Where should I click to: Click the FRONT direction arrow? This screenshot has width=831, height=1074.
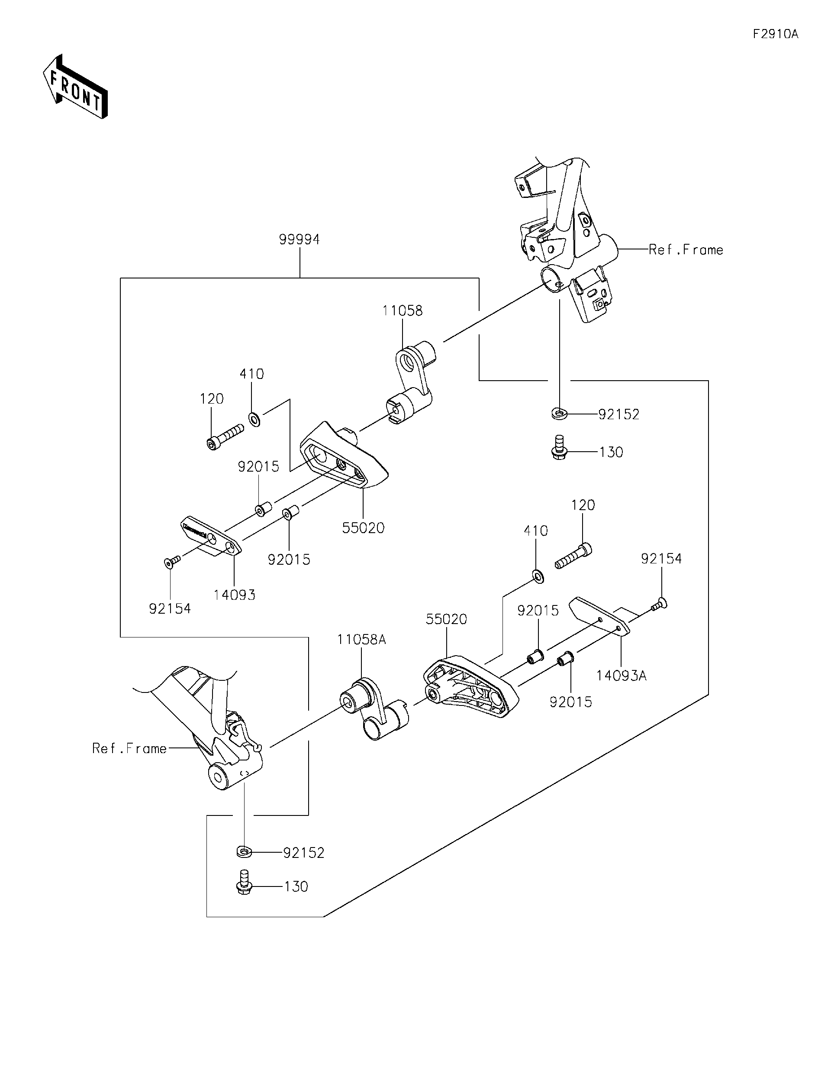pos(75,87)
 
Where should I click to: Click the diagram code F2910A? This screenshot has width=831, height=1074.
pos(776,34)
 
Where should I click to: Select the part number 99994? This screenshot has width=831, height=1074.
pos(299,239)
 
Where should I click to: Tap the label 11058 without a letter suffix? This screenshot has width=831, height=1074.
pos(403,311)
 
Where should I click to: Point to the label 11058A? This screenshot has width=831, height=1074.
pos(361,639)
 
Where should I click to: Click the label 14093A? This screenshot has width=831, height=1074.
pos(621,676)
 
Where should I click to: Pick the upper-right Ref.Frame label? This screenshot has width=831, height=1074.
pos(686,250)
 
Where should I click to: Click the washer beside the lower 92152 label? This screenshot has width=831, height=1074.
pos(244,851)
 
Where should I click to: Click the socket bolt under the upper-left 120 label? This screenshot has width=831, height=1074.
pos(225,437)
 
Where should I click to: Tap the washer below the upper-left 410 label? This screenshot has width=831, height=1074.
pos(254,420)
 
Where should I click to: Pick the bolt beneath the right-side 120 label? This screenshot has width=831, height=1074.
pos(573,557)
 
